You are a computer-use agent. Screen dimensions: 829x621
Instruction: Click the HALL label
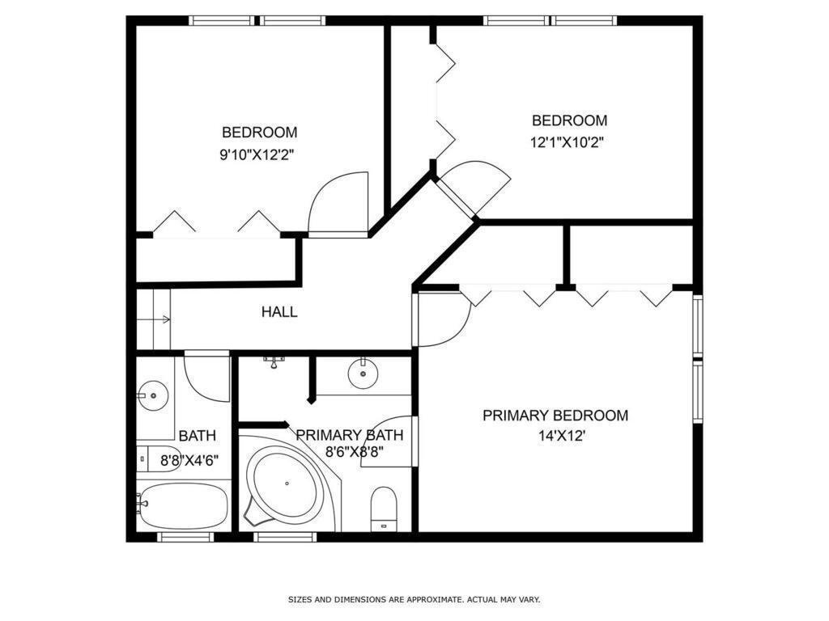click(x=279, y=311)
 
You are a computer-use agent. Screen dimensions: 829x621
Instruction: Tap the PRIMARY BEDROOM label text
click(x=555, y=415)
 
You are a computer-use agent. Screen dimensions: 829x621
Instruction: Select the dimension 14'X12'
click(x=562, y=437)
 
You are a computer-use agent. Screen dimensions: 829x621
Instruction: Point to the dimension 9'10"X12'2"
click(x=257, y=155)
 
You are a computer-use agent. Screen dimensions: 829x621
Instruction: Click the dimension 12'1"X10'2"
click(x=567, y=142)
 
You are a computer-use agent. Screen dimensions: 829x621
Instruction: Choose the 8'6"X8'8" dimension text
click(x=355, y=453)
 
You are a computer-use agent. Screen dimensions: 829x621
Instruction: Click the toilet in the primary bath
click(x=384, y=509)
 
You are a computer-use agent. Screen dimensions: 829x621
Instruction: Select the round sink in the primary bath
click(x=363, y=374)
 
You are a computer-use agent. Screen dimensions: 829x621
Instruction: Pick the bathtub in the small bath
click(x=184, y=505)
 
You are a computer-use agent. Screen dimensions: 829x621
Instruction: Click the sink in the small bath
click(x=153, y=395)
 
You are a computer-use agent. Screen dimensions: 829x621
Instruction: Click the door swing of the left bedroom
click(x=338, y=205)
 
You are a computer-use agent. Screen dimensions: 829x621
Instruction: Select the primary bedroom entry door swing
click(x=441, y=319)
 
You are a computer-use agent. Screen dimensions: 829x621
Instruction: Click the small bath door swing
click(x=206, y=377)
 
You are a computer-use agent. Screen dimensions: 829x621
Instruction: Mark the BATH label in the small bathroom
click(x=198, y=436)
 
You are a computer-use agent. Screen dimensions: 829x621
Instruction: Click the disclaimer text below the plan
click(x=414, y=599)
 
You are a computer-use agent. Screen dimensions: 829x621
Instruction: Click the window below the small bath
click(x=185, y=537)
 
